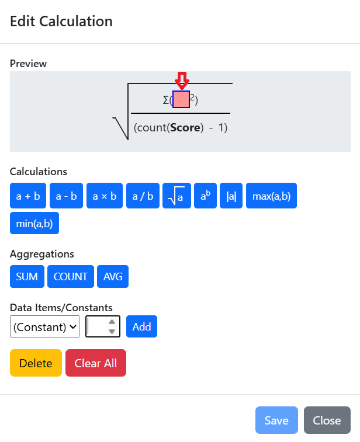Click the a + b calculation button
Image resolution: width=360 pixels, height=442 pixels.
28,196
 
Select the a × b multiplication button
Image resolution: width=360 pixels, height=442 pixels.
105,196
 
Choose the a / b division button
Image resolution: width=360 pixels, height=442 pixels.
143,196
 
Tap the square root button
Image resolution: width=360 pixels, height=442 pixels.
176,196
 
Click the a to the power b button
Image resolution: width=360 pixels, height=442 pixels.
205,196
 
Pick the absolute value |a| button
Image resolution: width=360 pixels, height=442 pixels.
231,196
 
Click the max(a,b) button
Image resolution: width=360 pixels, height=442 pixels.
271,196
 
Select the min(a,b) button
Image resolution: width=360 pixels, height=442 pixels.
34,223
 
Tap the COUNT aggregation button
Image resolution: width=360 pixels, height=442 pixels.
71,277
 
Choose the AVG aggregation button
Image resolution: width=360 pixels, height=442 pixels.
113,277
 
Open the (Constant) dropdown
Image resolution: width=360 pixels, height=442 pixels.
44,326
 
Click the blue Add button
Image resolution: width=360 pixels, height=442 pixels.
141,326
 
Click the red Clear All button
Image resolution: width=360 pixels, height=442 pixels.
96,363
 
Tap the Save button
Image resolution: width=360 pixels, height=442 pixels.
276,420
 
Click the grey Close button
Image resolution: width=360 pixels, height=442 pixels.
327,420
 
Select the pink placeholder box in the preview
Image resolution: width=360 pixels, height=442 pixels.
181,99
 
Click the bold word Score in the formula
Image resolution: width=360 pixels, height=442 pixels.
185,128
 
